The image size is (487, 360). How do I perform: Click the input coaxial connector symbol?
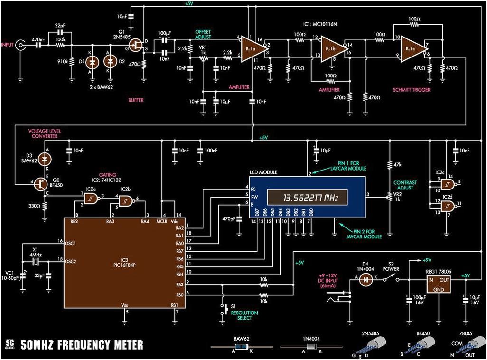21,46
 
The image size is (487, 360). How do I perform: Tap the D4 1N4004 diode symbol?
365,280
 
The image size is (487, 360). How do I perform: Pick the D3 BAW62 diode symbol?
46,157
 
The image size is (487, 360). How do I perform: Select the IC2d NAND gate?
446,206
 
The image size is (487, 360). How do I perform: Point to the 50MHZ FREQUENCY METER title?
82,345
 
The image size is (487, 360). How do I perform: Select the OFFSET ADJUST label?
203,34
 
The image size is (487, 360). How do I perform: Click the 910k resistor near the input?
72,62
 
